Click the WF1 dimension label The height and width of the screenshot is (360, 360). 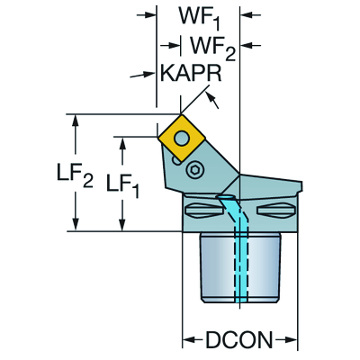pos(200,17)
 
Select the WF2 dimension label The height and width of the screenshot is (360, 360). pos(212,48)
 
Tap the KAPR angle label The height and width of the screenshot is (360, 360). pos(191,73)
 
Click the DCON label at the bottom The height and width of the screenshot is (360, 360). pos(239,340)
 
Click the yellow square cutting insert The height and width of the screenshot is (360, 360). pos(182,138)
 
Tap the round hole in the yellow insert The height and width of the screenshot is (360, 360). pos(182,138)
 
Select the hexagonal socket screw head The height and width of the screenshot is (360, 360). pos(195,170)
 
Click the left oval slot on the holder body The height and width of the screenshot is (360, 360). pos(204,209)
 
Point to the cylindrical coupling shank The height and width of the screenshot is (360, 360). pos(240,267)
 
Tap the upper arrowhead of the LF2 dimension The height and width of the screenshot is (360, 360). pos(76,122)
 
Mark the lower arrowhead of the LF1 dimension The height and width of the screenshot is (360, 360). pos(122,224)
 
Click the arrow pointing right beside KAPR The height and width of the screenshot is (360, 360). pos(142,75)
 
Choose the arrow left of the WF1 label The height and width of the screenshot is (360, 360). pos(147,14)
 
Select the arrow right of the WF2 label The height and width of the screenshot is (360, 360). pos(251,45)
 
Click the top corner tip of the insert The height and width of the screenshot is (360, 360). pos(181,114)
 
